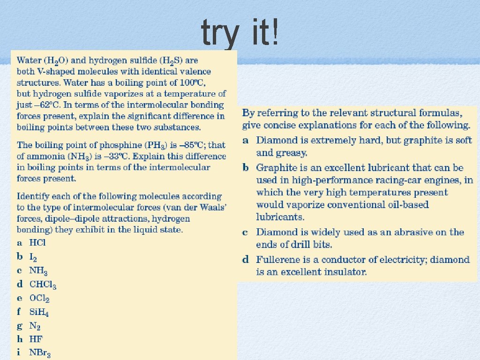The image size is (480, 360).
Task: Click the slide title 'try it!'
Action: coord(240,33)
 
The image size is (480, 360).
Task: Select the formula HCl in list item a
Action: coord(37,243)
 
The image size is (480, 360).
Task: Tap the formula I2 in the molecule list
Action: coord(34,257)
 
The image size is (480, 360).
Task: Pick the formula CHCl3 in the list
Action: coord(43,285)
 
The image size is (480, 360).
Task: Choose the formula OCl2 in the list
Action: coord(39,298)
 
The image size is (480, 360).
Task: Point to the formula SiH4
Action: coord(39,312)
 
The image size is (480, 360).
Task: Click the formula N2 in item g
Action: coord(35,325)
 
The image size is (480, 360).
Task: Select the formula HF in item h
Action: coord(36,338)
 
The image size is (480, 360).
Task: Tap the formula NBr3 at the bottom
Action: coord(40,352)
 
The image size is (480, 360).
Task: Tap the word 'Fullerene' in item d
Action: coord(277,260)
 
